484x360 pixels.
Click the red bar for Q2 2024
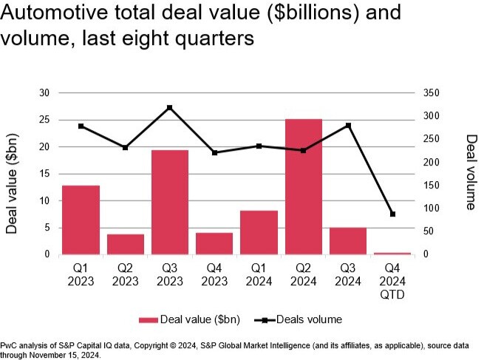tap(304, 186)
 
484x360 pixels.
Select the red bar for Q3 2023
tap(170, 202)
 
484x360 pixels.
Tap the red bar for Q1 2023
tap(81, 220)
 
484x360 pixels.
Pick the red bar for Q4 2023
tap(214, 243)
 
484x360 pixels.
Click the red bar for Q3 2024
tap(348, 241)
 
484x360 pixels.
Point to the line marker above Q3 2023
tap(170, 108)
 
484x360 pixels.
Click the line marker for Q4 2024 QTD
tap(393, 214)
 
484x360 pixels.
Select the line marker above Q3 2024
tap(348, 126)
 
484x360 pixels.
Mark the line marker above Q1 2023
tap(81, 126)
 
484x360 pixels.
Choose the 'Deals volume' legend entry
tap(302, 319)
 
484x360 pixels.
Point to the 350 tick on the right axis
tap(433, 93)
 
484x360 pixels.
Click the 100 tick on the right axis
tap(433, 208)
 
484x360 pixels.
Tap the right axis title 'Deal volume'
tap(469, 171)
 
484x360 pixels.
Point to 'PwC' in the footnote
tap(10, 345)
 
